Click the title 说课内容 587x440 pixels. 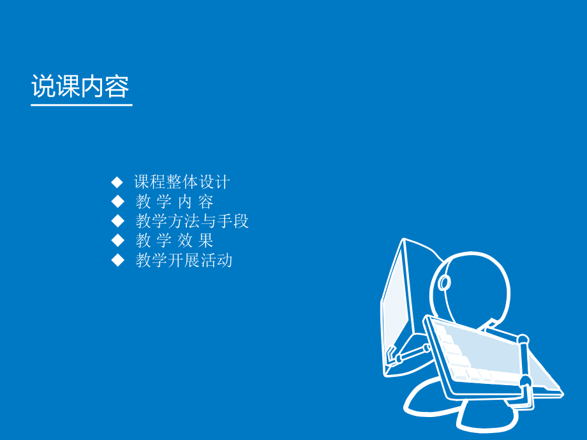point(80,87)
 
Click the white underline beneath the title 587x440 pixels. point(82,104)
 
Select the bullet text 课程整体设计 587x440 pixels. point(182,182)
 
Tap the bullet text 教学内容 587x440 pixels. point(174,202)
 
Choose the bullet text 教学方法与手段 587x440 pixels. point(192,221)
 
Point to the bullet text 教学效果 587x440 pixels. point(174,240)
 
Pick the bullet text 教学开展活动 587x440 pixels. point(184,260)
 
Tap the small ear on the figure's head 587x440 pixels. point(444,282)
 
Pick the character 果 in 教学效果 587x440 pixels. point(205,240)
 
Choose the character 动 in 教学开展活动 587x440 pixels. point(224,260)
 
